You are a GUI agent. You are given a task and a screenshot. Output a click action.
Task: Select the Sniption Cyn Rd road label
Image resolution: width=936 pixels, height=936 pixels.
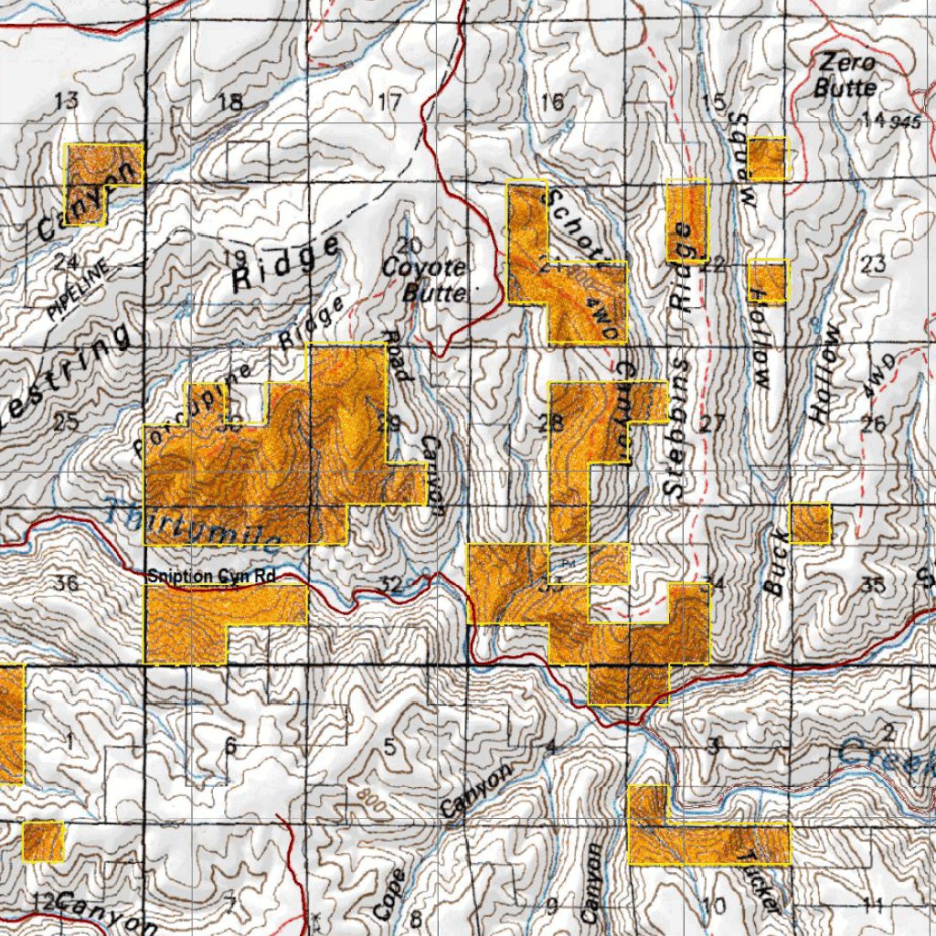click(211, 576)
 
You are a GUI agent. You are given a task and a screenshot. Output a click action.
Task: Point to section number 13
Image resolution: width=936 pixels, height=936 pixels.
click(67, 101)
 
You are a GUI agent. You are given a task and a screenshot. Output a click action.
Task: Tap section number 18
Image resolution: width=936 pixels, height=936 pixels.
click(231, 102)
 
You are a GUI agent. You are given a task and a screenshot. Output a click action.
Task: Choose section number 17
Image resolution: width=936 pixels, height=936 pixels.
click(389, 101)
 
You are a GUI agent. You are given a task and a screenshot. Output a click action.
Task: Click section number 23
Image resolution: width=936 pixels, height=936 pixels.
click(873, 265)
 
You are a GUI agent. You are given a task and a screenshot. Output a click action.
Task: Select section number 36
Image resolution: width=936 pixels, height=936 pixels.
click(67, 583)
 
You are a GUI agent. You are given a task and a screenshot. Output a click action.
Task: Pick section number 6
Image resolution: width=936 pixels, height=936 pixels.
click(230, 747)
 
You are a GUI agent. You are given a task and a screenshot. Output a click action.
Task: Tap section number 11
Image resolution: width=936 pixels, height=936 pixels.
click(872, 906)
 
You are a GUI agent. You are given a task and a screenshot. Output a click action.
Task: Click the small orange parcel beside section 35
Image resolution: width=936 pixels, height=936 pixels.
click(810, 524)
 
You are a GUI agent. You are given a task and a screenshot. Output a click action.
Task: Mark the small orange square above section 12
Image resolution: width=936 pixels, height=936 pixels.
click(43, 842)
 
